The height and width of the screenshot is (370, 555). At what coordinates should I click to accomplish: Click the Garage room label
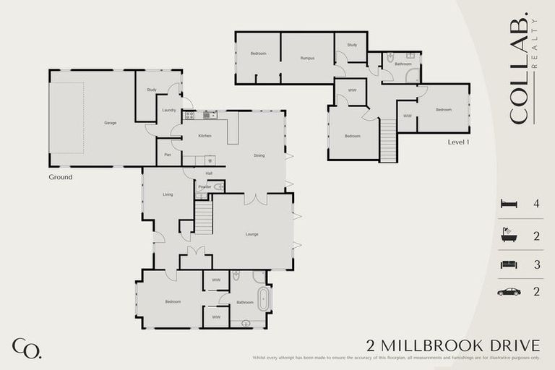pyautogui.click(x=110, y=123)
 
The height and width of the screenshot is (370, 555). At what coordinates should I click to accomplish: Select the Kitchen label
pyautogui.click(x=205, y=136)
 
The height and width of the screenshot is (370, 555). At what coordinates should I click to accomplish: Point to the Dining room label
pyautogui.click(x=259, y=155)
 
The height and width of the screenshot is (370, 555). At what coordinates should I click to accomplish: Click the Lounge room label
pyautogui.click(x=252, y=234)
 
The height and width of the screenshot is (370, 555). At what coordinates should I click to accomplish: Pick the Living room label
pyautogui.click(x=168, y=194)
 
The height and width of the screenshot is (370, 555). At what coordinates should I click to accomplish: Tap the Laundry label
pyautogui.click(x=169, y=110)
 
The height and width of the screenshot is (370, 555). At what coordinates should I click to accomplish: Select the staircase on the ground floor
pyautogui.click(x=203, y=217)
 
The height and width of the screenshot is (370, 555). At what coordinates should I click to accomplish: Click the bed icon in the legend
pyautogui.click(x=509, y=205)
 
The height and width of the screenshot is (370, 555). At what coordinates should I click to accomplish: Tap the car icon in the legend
pyautogui.click(x=509, y=292)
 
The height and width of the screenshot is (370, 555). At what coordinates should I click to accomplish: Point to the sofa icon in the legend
pyautogui.click(x=509, y=264)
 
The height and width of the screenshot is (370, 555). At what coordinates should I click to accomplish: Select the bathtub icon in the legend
pyautogui.click(x=509, y=235)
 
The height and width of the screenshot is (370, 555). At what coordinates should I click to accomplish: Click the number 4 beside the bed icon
pyautogui.click(x=536, y=205)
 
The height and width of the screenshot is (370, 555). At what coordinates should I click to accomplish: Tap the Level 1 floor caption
pyautogui.click(x=459, y=142)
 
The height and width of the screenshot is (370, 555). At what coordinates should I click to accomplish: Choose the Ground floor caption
pyautogui.click(x=61, y=176)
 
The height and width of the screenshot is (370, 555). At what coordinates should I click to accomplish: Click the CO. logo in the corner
pyautogui.click(x=26, y=348)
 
